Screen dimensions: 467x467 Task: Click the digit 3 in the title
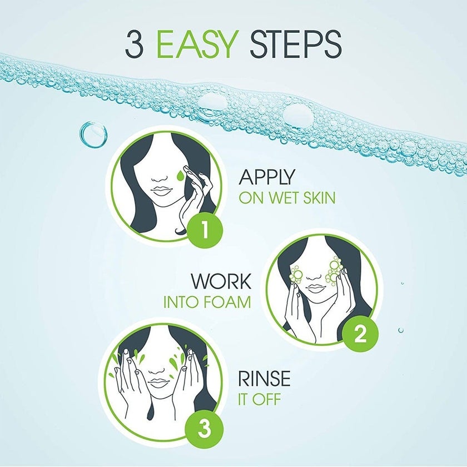pos(136,44)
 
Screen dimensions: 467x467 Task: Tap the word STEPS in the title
pos(295,44)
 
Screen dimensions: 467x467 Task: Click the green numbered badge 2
pos(360,335)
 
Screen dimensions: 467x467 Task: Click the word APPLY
pos(267,177)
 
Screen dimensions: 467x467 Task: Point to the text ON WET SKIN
pos(287,197)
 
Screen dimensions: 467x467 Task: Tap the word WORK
pos(221,281)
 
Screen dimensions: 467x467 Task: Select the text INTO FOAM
pos(207,302)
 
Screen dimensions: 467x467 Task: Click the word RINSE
pos(264,379)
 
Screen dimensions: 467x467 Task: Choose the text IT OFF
pos(260,399)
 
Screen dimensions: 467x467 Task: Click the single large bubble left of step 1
pos(93,135)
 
